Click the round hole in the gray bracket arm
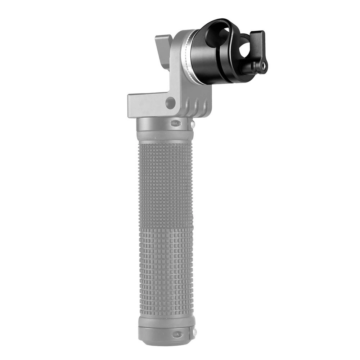(170, 103)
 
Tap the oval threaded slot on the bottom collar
(177, 334)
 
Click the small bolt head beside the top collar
(193, 125)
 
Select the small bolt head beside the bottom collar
(194, 331)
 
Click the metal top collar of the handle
(164, 124)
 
